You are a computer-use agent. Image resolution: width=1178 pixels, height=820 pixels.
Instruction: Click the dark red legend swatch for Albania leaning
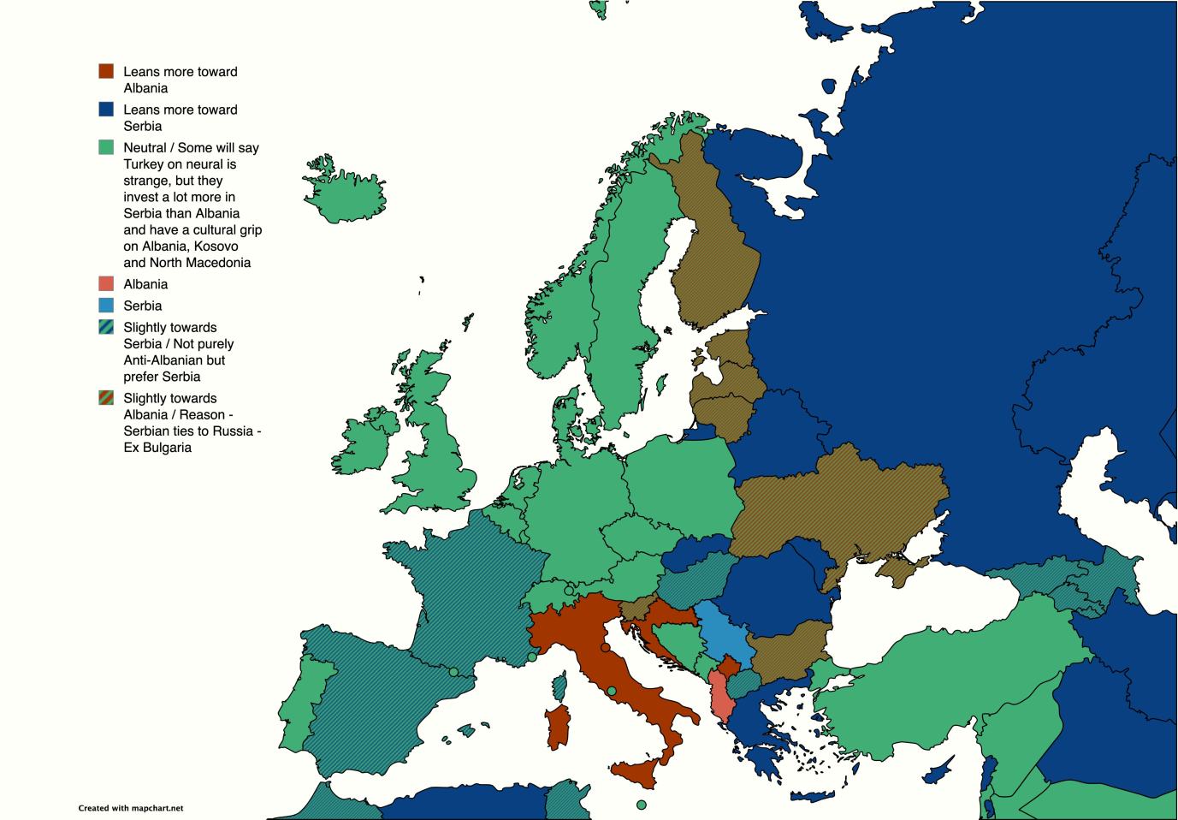(x=106, y=71)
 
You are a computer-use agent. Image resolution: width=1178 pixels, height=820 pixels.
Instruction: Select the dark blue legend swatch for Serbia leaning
(x=106, y=109)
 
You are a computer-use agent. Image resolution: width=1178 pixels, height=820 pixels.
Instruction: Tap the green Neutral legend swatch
(x=106, y=146)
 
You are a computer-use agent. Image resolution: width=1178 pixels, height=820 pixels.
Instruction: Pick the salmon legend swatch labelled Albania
(x=106, y=283)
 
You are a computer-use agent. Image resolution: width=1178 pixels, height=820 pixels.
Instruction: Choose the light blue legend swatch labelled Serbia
(x=106, y=305)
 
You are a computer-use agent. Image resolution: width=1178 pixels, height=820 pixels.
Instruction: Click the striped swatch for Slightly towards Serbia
(x=106, y=326)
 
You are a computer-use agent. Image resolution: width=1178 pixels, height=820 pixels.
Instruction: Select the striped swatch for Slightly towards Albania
(x=106, y=397)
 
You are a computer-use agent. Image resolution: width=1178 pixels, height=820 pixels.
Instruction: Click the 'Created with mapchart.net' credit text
(x=131, y=807)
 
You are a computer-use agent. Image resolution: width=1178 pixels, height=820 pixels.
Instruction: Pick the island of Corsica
(x=562, y=685)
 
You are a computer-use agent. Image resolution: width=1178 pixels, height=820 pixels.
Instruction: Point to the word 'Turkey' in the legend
(x=144, y=163)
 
